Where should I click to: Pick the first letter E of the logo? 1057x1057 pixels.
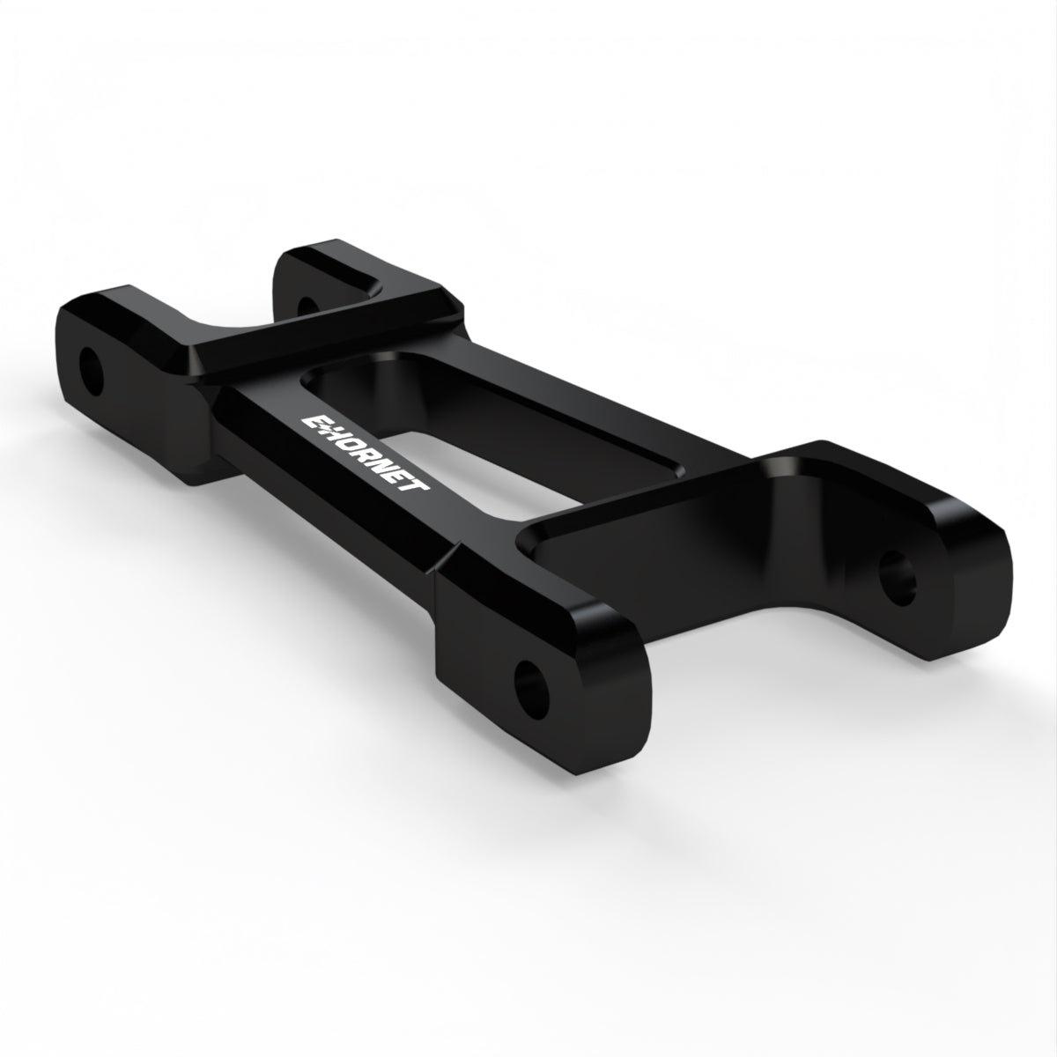click(x=314, y=424)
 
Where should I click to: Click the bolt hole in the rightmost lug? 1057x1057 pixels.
click(x=898, y=578)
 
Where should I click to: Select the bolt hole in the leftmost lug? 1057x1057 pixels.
click(x=92, y=371)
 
